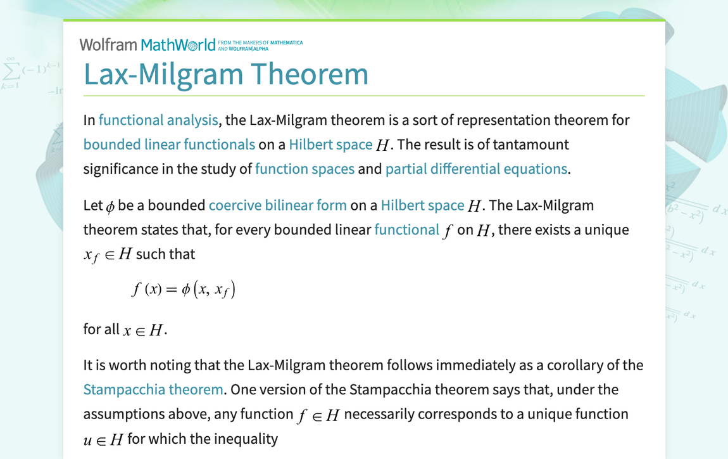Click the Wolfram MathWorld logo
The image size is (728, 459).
[x=147, y=44]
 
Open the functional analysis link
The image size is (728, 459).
[x=158, y=120]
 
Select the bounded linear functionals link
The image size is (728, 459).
[x=169, y=145]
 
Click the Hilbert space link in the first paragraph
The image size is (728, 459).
[x=330, y=145]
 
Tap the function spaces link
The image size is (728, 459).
[x=304, y=169]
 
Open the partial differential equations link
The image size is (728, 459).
[x=476, y=169]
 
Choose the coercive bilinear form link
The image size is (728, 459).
[x=277, y=205]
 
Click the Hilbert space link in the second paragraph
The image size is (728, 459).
[x=422, y=205]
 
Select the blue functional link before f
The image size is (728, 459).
[x=406, y=229]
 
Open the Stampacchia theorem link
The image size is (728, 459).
[x=153, y=389]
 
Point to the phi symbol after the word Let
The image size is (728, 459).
[x=110, y=207]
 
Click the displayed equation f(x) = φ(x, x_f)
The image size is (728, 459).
[x=184, y=290]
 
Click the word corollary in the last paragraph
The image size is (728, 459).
[x=575, y=365]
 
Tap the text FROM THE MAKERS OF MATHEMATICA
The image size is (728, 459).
[x=260, y=42]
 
